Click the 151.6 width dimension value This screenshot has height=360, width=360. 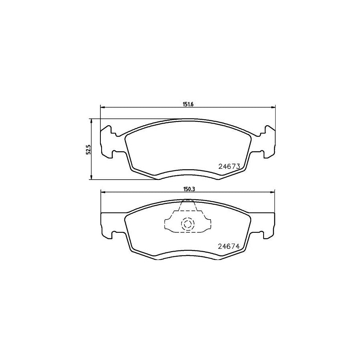tap(188, 104)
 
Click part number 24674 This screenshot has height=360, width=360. tap(228, 247)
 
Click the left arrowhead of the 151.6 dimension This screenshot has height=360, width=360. tap(102, 107)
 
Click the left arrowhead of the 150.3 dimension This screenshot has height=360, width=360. tap(102, 192)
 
